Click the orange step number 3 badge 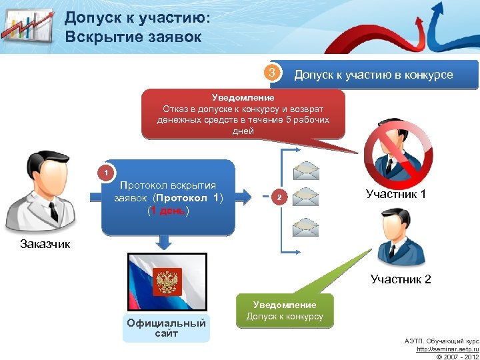270,73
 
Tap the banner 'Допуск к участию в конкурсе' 373,75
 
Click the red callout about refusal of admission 243,113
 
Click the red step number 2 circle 281,197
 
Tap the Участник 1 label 395,195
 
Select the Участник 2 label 401,279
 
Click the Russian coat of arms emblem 165,281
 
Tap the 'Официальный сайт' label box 166,328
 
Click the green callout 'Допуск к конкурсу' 285,311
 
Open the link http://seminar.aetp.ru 447,349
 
